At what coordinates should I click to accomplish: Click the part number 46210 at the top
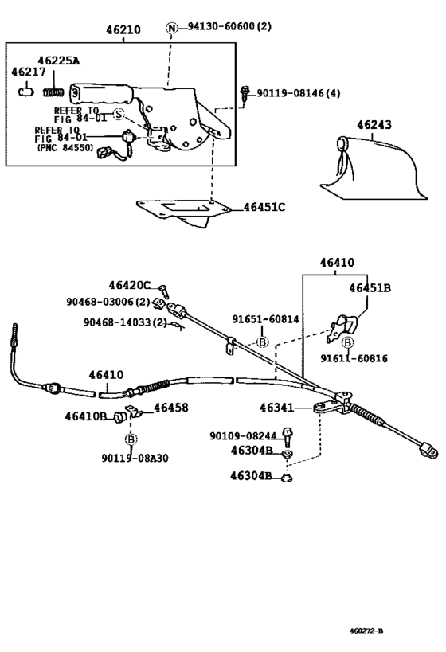click(x=123, y=30)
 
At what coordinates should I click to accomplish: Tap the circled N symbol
click(x=171, y=28)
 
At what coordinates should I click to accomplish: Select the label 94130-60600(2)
click(x=229, y=27)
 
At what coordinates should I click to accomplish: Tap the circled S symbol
click(x=118, y=115)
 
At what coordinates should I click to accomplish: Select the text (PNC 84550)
click(x=64, y=148)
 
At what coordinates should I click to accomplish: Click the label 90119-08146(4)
click(x=298, y=93)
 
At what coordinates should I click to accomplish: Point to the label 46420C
click(x=130, y=285)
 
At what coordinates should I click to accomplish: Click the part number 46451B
click(x=370, y=288)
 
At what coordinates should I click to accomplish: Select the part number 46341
click(x=276, y=408)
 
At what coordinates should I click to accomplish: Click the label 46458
click(x=170, y=408)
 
